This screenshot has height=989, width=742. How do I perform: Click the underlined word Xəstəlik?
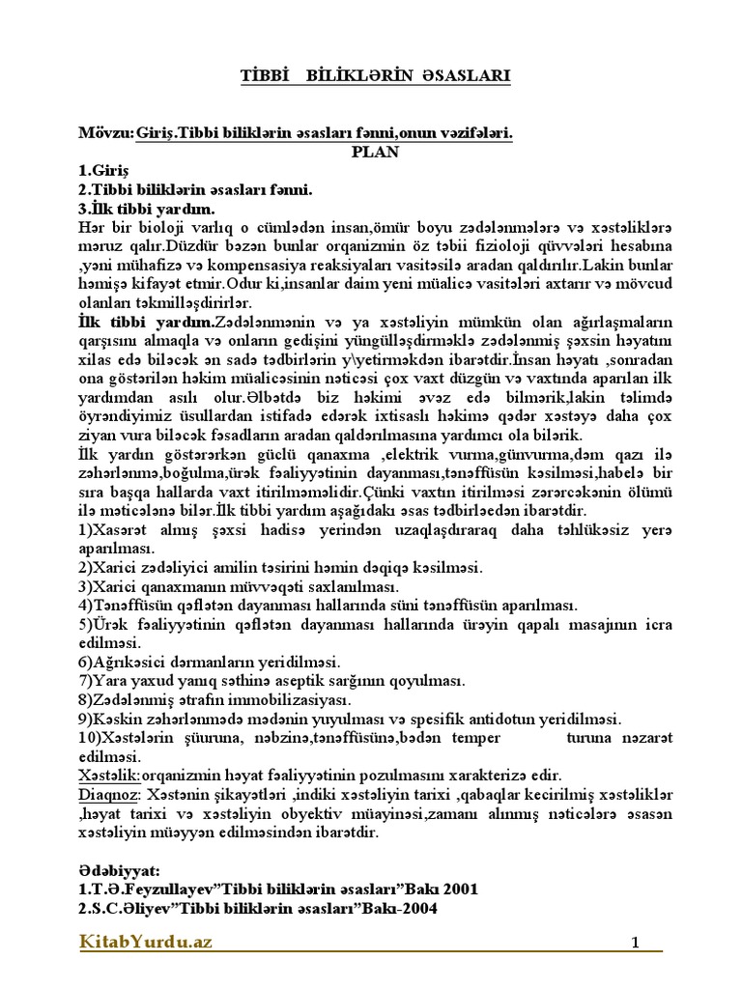click(x=109, y=776)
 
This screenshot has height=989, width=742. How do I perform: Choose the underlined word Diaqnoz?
click(x=107, y=795)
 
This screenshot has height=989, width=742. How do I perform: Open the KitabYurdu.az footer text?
click(x=145, y=943)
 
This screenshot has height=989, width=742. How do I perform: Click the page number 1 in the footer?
click(x=636, y=945)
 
